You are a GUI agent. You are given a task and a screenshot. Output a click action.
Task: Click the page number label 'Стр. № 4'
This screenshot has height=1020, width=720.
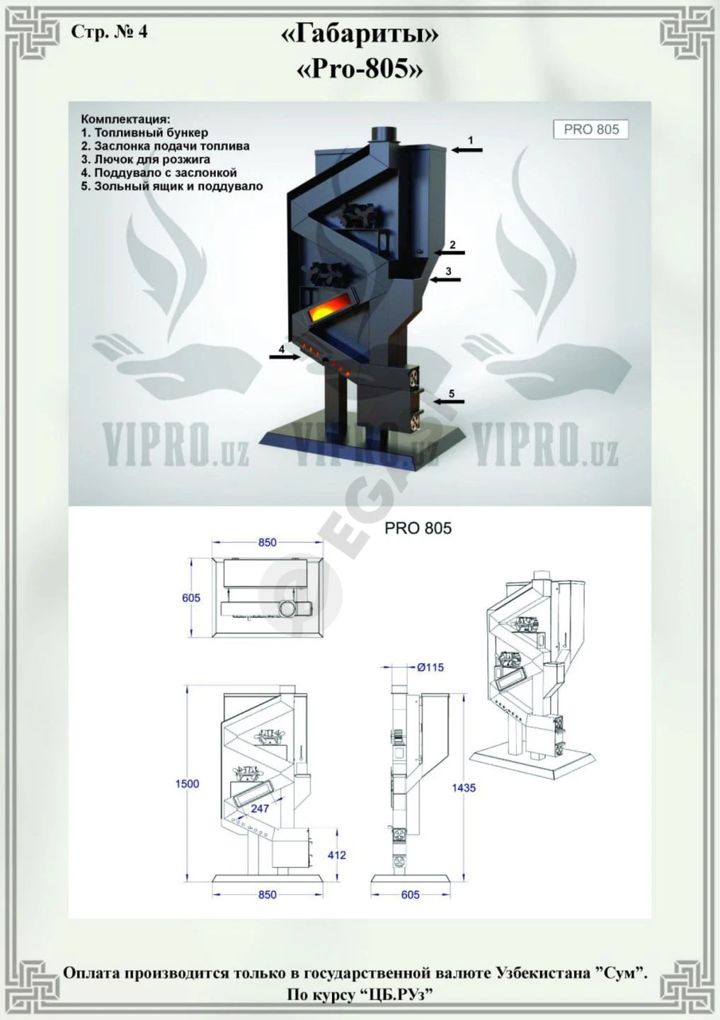[x=109, y=32]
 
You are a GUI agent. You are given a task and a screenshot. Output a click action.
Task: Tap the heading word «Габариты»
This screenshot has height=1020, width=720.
[x=360, y=35]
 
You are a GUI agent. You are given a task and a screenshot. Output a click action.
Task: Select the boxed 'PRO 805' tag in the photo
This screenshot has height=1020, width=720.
[x=591, y=130]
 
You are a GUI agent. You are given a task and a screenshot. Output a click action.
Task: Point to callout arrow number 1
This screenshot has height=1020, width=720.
[x=467, y=149]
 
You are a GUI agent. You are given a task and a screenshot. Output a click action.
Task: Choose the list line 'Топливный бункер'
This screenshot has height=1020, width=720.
[x=144, y=132]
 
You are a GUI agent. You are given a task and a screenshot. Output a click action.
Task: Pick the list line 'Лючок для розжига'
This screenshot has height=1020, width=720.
[x=146, y=159]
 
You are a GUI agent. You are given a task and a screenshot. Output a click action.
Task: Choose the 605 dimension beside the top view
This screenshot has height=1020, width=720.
[x=191, y=597]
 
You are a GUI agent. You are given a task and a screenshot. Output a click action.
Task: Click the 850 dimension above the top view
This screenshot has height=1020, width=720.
[x=268, y=543]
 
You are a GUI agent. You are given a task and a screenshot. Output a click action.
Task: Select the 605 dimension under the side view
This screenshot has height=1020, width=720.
[x=410, y=895]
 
